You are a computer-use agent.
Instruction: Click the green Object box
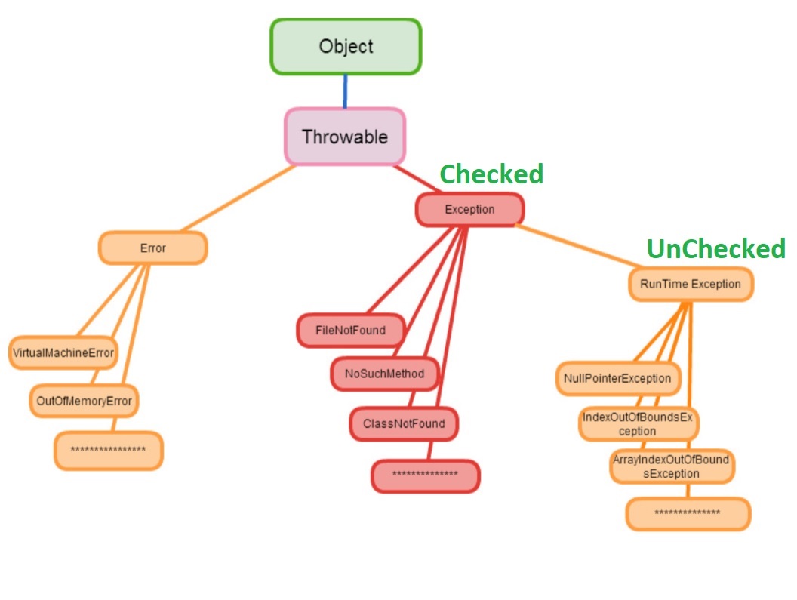point(346,47)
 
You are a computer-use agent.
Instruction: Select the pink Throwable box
point(345,137)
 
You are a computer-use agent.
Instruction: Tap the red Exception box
point(469,210)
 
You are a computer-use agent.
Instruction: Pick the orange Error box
point(152,248)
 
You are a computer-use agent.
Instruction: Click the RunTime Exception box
point(691,285)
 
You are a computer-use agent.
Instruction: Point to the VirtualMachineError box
point(63,352)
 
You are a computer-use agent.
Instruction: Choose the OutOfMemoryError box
point(84,401)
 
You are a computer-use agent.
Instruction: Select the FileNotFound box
point(350,331)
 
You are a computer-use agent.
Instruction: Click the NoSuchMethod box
point(385,374)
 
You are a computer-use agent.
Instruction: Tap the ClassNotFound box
point(404,423)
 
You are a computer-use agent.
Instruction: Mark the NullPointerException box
point(617,378)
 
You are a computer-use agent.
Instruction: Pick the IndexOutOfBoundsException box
point(638,424)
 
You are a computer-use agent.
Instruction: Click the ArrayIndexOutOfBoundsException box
point(671,467)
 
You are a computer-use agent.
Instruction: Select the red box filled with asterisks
point(426,475)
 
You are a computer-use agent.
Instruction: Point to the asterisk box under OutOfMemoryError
point(108,451)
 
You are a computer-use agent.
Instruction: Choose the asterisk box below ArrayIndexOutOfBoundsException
point(688,514)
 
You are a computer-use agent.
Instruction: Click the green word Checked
point(491,174)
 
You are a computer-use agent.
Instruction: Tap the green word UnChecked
point(715,248)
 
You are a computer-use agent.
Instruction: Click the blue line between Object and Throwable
point(346,91)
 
